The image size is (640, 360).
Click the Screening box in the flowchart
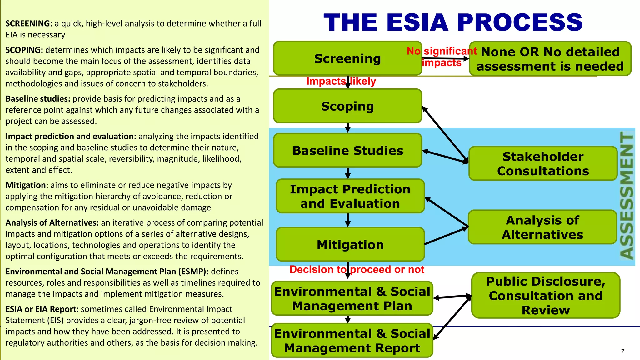tap(347, 58)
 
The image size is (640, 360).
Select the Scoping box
tap(347, 106)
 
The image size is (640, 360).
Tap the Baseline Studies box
tap(347, 150)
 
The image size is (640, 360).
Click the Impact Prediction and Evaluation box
tap(350, 196)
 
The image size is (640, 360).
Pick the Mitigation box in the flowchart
tap(350, 245)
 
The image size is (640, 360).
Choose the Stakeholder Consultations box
tap(543, 163)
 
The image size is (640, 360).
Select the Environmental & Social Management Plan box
tap(352, 298)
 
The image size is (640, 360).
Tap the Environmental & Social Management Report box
tap(352, 341)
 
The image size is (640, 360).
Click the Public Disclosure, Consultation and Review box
tap(546, 295)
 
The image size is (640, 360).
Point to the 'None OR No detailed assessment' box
tap(550, 59)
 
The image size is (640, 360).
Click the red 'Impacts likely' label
tap(341, 81)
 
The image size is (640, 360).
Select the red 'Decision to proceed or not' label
tap(357, 269)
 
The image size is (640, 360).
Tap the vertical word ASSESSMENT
tap(627, 196)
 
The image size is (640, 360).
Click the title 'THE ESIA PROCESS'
tap(453, 22)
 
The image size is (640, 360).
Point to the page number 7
tap(622, 351)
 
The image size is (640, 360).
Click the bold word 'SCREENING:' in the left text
tap(29, 24)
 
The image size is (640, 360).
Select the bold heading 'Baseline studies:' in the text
tap(38, 99)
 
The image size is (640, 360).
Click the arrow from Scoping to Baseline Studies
tap(347, 127)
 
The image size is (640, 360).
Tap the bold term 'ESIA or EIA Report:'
tap(42, 309)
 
